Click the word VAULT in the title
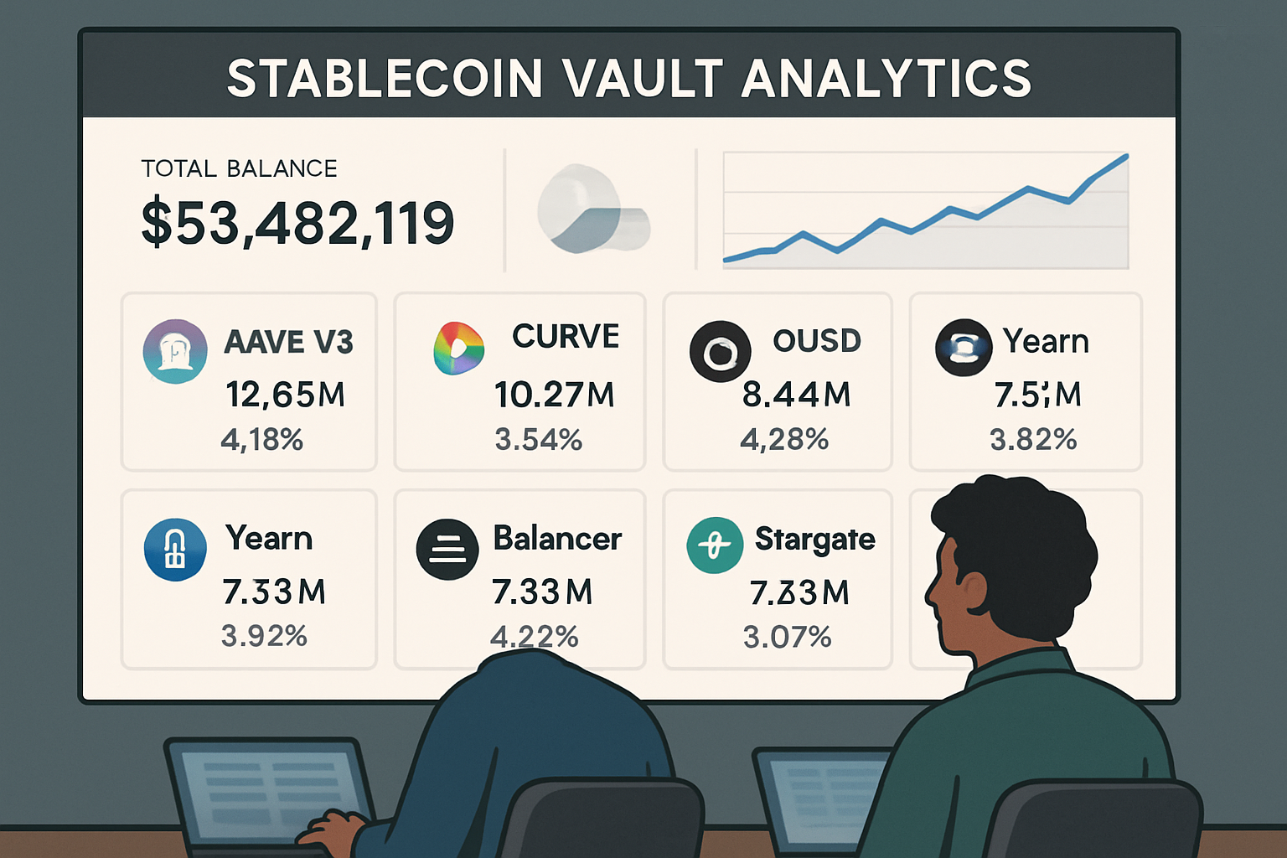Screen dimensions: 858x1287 tap(643, 78)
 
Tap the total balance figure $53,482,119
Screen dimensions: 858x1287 tap(297, 224)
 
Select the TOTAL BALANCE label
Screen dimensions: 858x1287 tap(239, 168)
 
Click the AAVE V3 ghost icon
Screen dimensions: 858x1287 tap(175, 351)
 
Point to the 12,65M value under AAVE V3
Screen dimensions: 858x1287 tap(286, 394)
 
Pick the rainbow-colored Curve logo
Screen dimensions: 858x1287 tap(458, 348)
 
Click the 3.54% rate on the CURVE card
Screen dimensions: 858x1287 tap(538, 439)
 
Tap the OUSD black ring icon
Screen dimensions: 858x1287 tap(720, 352)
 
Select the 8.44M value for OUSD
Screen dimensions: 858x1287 tap(796, 394)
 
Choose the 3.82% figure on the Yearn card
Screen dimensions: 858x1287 tap(1033, 439)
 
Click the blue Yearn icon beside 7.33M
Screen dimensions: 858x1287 tap(175, 550)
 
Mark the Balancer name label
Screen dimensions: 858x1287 tap(557, 538)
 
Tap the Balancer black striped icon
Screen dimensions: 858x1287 tap(447, 550)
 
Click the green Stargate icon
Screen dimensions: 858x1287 tap(715, 545)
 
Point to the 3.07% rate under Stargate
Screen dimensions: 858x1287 tap(787, 637)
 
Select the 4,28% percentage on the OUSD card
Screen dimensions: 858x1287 tap(784, 439)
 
